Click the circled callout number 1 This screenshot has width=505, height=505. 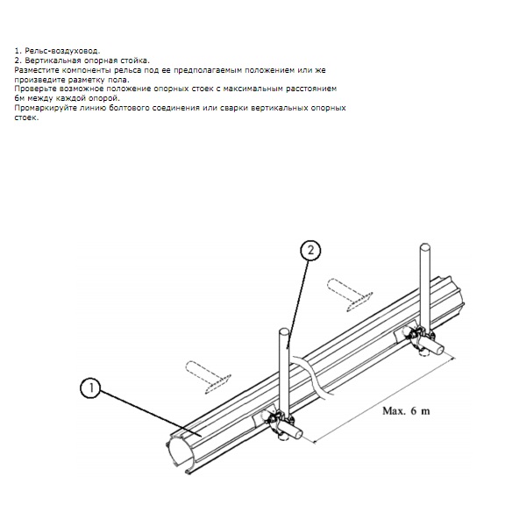(90, 388)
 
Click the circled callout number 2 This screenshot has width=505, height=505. (310, 250)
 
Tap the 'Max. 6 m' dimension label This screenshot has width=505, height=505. (406, 411)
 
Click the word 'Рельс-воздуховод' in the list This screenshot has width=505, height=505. (62, 51)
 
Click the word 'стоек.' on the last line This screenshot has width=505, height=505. (26, 117)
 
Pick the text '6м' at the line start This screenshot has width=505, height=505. (19, 98)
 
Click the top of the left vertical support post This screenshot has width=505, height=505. (284, 331)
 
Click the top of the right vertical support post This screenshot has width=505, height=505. (425, 246)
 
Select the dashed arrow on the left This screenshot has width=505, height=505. (208, 377)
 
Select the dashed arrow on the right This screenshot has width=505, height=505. (350, 295)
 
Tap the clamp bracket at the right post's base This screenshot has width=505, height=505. (419, 339)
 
